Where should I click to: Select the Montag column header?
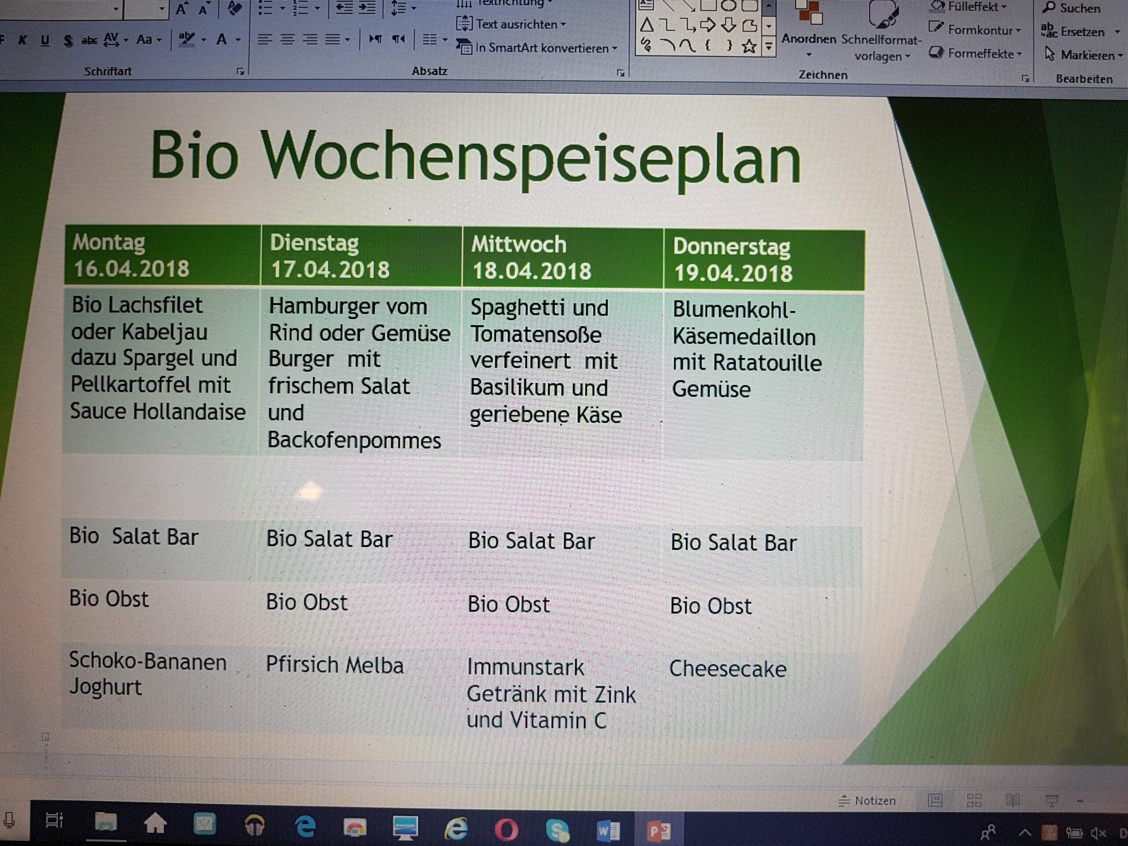(x=163, y=255)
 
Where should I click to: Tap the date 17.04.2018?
(x=330, y=270)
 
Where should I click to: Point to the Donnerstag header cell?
(x=764, y=260)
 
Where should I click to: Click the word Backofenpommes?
(x=354, y=440)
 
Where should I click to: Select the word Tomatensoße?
(x=536, y=334)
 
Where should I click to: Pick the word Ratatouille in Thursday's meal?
(x=768, y=363)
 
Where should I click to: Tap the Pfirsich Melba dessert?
(x=334, y=665)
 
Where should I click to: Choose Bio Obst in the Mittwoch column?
(x=509, y=604)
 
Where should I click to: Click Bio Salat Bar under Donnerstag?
(x=733, y=542)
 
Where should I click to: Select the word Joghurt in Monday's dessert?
(x=106, y=687)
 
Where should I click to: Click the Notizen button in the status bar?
(x=868, y=801)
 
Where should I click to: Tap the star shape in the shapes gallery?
(x=749, y=47)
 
